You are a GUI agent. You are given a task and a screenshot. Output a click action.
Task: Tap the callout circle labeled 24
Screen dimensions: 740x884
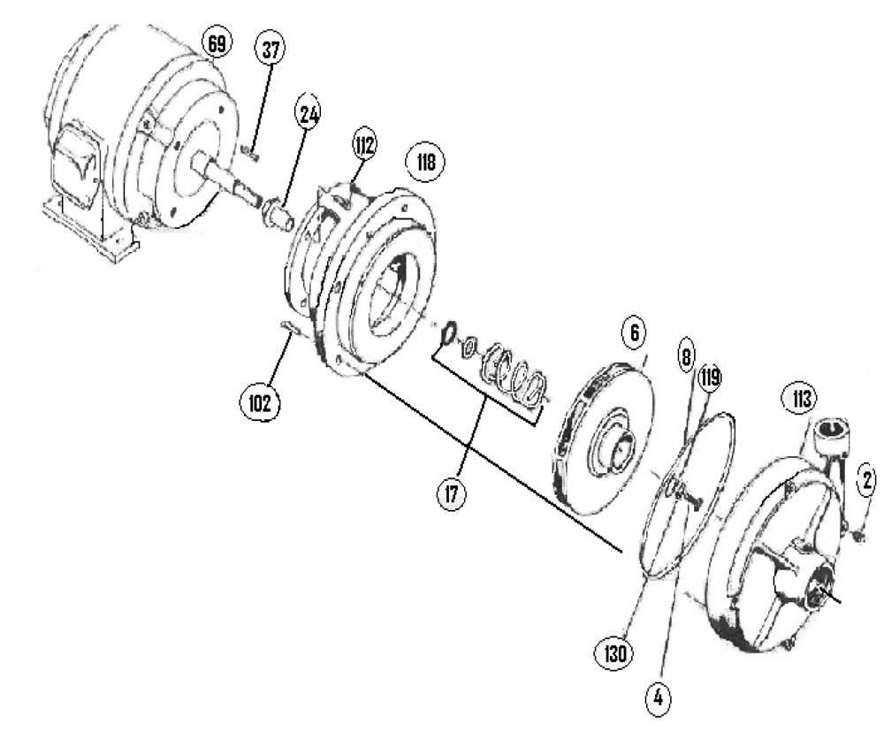[310, 113]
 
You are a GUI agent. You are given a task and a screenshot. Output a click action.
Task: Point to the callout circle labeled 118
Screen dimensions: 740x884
[425, 163]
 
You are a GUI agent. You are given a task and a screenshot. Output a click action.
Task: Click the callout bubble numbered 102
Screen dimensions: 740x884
[259, 402]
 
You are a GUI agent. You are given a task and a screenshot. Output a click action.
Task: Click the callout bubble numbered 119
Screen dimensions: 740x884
[710, 380]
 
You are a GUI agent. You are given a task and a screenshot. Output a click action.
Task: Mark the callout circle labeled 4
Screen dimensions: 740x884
[657, 696]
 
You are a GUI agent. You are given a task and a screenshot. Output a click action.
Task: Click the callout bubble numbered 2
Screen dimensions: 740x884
[867, 480]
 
